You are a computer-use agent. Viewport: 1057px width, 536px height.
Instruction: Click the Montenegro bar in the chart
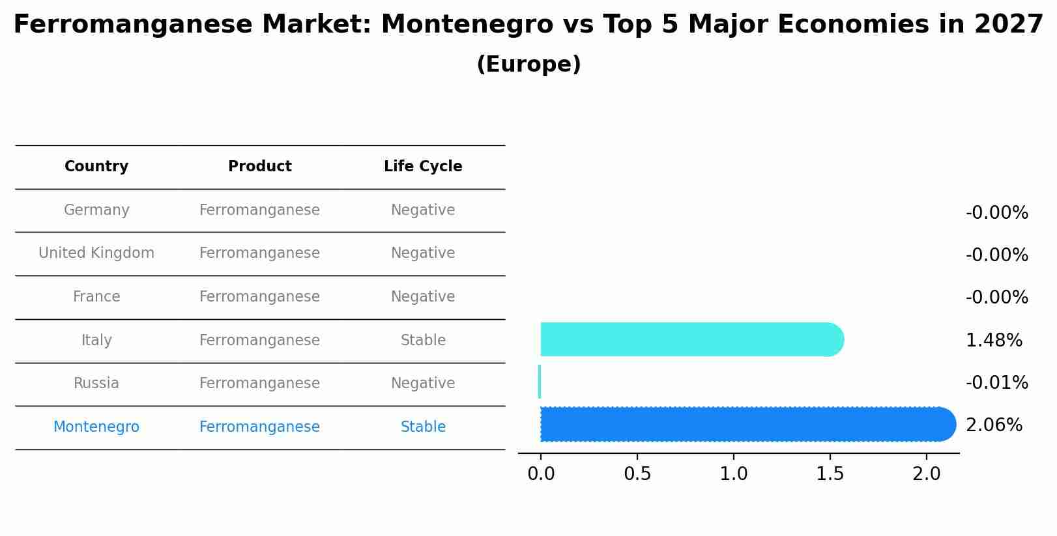point(743,425)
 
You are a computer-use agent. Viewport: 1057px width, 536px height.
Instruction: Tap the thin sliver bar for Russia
point(540,382)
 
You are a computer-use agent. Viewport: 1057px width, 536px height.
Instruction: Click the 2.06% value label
point(994,425)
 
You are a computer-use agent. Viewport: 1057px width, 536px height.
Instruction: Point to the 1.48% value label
point(994,340)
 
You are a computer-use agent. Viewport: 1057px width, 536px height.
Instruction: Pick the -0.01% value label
point(996,382)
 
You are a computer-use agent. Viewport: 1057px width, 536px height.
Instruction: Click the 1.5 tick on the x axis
point(830,474)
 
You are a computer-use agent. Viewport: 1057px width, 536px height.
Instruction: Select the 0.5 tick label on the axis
point(637,474)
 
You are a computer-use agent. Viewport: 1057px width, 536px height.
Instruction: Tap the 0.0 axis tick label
point(541,474)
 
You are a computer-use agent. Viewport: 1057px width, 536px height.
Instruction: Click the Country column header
point(96,167)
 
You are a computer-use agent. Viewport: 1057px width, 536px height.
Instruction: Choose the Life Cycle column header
point(423,167)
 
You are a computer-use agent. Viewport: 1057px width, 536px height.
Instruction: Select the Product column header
point(259,167)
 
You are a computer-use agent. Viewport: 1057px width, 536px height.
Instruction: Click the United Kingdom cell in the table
point(96,253)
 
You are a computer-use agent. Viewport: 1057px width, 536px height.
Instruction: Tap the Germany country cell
point(96,210)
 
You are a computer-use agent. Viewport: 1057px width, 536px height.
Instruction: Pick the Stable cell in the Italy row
point(423,340)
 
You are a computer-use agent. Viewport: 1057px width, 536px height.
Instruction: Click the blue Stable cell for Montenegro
point(423,427)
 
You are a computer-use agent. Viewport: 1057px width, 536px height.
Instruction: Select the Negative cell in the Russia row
point(423,384)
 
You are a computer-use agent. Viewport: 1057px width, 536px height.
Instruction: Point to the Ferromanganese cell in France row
point(259,297)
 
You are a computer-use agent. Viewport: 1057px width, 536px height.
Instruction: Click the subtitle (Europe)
point(528,64)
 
